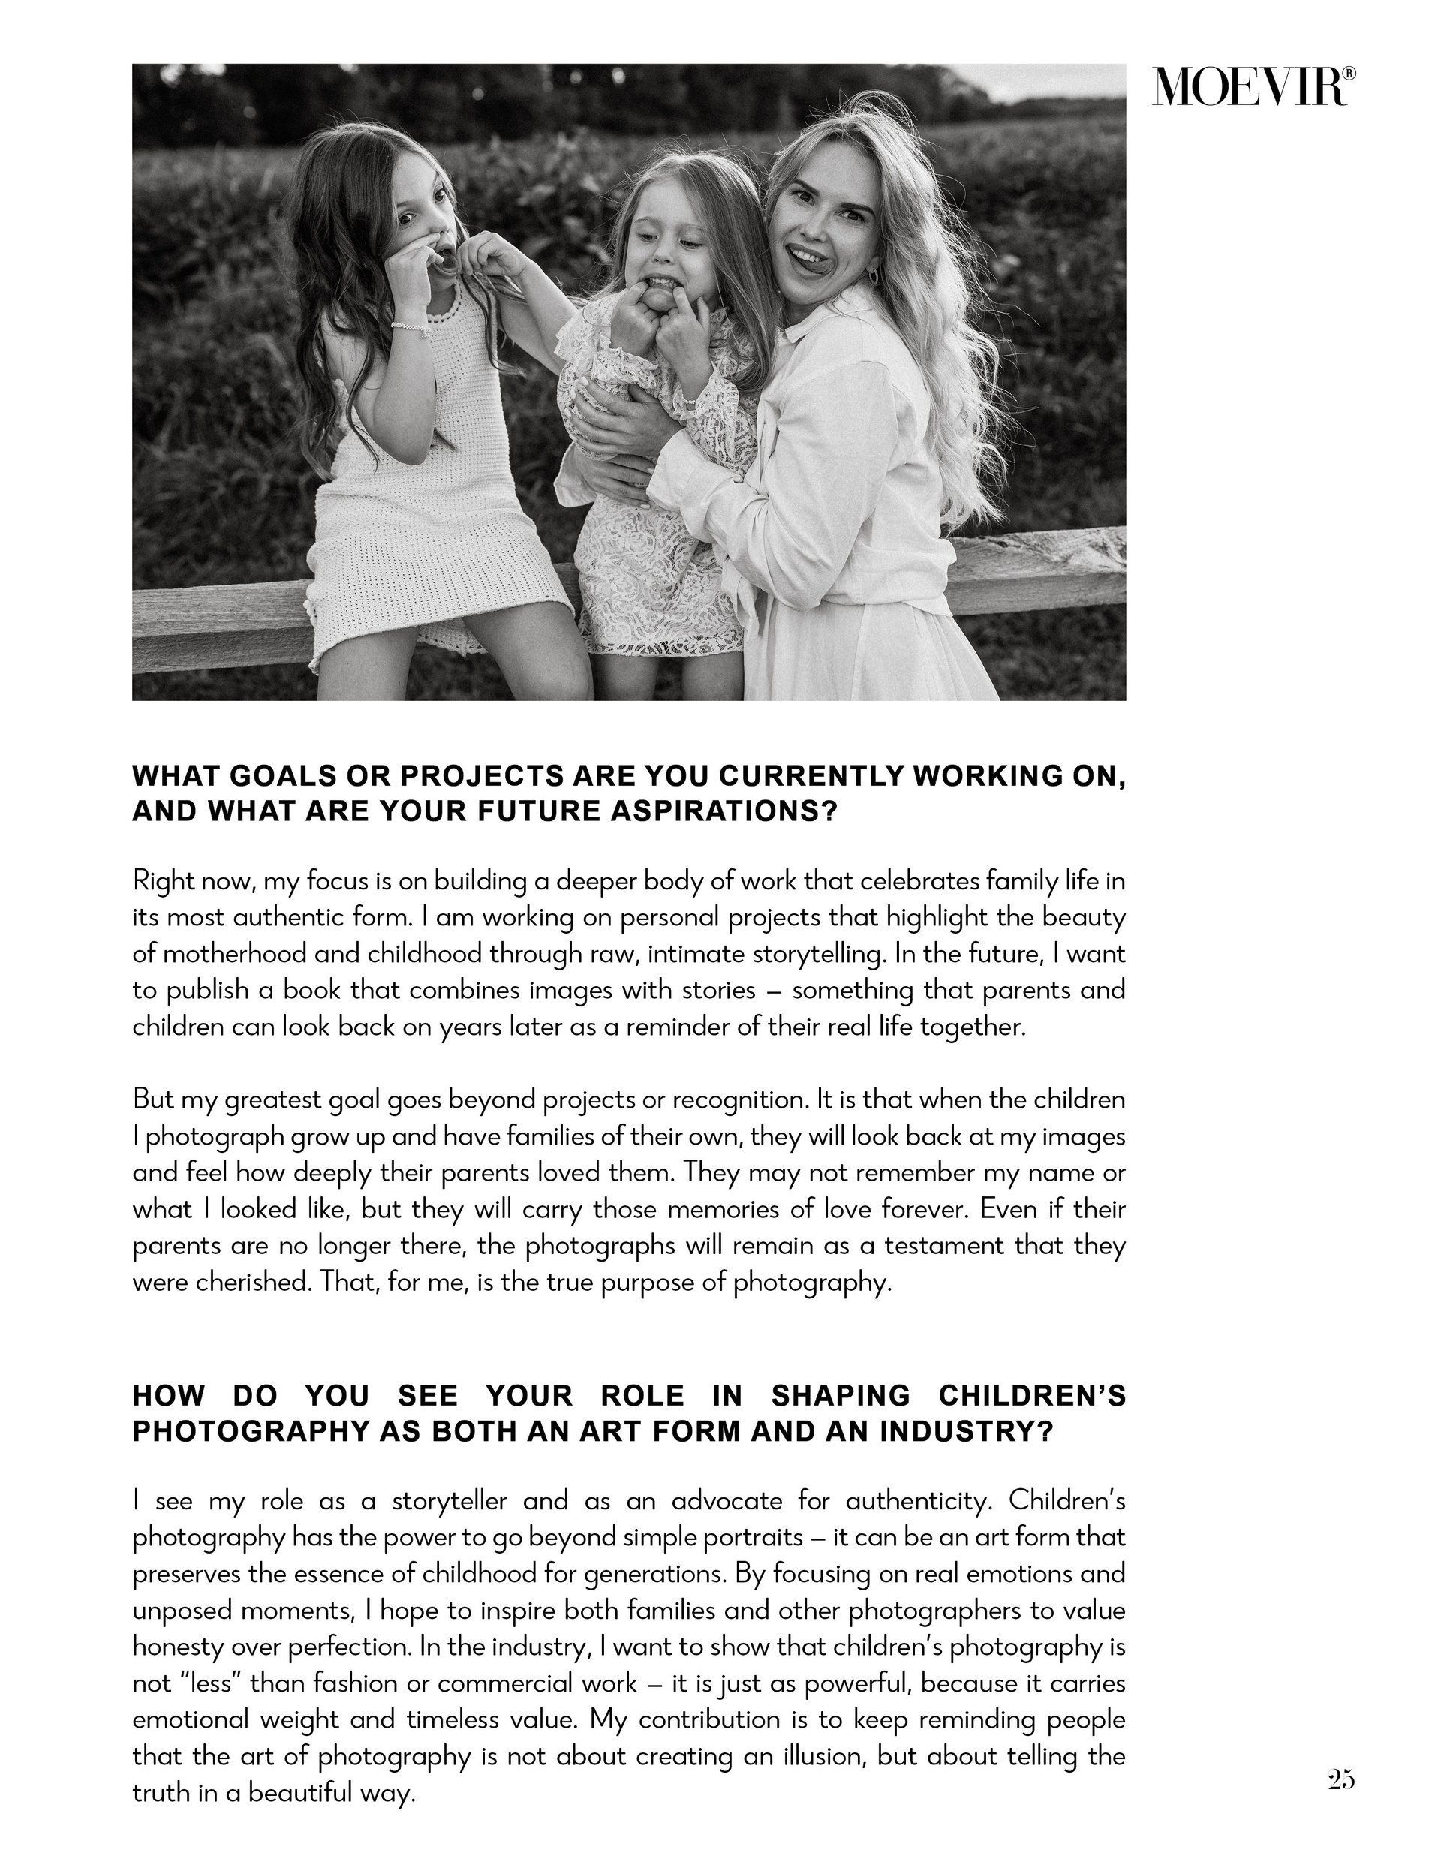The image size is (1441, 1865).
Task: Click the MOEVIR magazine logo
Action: (1250, 87)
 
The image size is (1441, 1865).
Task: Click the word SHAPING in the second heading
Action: (841, 1395)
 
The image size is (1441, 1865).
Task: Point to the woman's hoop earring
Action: (873, 278)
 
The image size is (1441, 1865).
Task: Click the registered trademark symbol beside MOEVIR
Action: (1349, 74)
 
